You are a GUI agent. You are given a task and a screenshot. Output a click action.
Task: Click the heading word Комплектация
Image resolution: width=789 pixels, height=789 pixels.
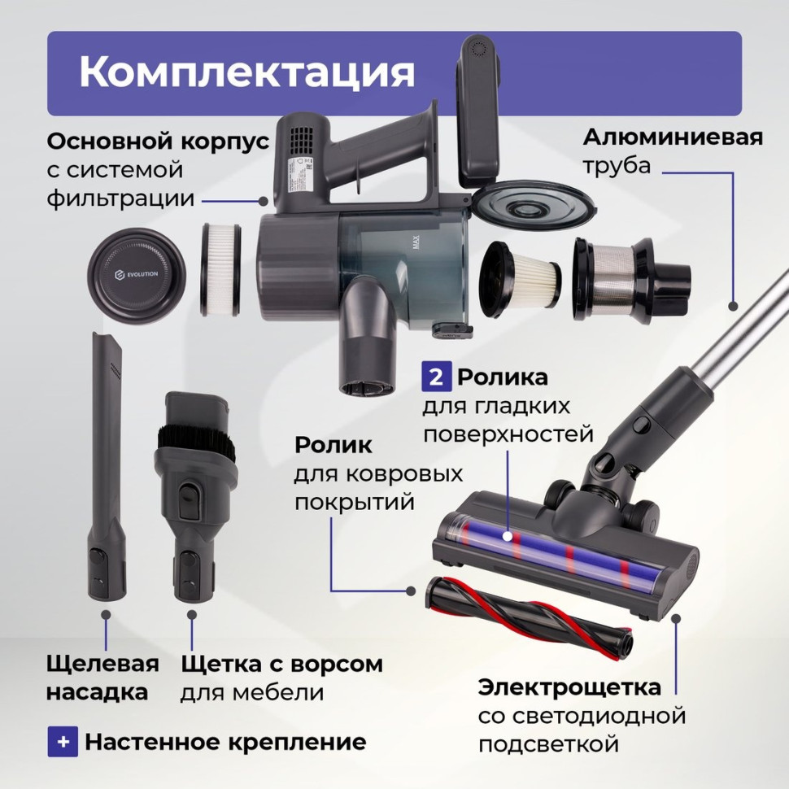[x=246, y=72]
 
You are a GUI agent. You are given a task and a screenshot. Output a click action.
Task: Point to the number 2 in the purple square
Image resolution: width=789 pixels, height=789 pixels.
[x=435, y=377]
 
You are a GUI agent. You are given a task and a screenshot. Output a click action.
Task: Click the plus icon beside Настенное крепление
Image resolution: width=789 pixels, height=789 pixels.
[x=63, y=742]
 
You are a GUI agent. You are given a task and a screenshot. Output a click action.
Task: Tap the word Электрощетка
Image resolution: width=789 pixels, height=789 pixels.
[x=569, y=687]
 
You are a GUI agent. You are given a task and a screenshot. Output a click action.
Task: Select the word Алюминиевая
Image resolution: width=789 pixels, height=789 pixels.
[x=673, y=137]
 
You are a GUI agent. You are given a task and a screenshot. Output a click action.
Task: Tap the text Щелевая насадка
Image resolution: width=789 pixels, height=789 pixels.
[x=102, y=678]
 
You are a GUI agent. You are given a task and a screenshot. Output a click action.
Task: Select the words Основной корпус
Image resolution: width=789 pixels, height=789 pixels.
[x=158, y=140]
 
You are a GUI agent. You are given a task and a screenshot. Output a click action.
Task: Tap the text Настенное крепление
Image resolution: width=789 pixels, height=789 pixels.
[x=225, y=742]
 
